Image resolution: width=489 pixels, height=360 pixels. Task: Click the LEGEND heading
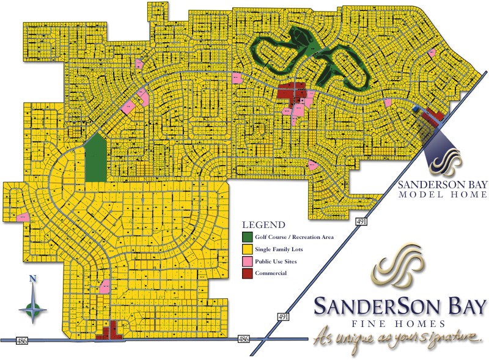263,224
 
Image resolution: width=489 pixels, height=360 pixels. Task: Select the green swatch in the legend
247,237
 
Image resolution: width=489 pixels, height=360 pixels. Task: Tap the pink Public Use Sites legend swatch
247,261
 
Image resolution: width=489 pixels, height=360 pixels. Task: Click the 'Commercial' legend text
271,273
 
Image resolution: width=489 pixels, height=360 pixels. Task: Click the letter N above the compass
32,281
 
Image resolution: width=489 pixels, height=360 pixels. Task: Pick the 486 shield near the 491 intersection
243,339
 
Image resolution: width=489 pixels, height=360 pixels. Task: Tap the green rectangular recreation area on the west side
95,159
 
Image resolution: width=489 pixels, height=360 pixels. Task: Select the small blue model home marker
417,109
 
